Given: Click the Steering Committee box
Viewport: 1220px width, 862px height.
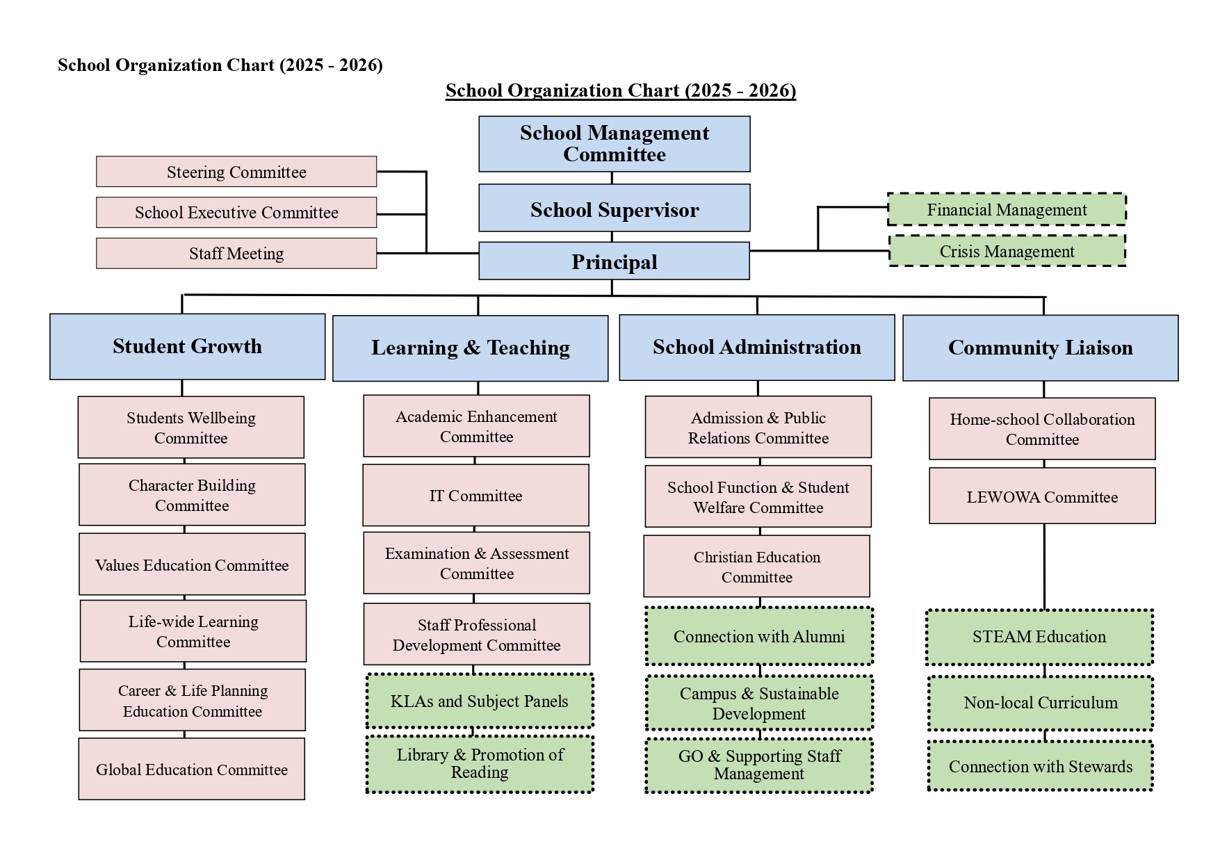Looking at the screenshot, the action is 236,172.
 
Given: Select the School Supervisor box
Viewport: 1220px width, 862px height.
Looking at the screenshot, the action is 615,208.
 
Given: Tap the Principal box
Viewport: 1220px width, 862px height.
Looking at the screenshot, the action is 615,261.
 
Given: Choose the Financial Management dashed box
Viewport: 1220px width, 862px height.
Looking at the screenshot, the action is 1007,209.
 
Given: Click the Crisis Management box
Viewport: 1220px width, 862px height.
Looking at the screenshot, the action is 1007,251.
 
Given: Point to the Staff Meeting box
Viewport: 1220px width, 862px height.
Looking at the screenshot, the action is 236,254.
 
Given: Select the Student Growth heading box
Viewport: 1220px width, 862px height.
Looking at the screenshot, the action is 188,347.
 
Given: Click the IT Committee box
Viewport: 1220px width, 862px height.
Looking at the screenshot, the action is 475,496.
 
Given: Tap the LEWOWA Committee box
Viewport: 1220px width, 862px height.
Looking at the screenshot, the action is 1042,496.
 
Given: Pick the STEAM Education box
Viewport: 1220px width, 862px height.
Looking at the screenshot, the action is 1039,637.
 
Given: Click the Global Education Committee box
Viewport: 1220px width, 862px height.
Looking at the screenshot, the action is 192,769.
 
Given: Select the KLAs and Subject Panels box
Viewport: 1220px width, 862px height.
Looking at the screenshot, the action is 480,701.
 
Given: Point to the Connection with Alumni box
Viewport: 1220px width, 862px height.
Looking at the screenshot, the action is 759,636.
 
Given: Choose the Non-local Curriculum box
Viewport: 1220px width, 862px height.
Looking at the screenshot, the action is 1041,703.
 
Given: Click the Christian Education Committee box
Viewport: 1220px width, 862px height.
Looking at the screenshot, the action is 757,567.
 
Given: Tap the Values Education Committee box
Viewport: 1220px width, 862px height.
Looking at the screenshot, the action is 192,564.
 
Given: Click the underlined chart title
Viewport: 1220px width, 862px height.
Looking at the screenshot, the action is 621,90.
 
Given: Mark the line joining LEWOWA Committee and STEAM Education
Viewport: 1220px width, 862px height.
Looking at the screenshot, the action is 1044,567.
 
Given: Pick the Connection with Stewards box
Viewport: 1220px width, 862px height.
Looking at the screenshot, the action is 1041,766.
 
